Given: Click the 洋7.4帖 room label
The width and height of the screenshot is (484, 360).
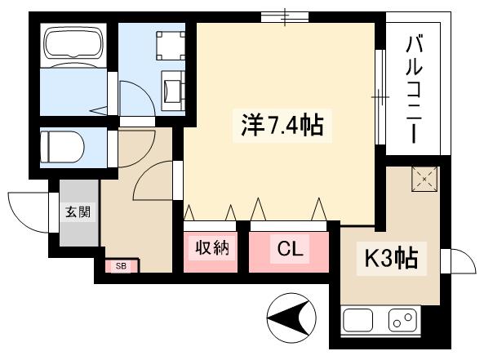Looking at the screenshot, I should click(282, 127).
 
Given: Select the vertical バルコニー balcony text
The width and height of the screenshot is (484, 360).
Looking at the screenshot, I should click(413, 88).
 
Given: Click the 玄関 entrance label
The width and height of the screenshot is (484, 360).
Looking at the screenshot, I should click(78, 214).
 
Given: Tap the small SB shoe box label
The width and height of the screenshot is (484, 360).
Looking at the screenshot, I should click(121, 266).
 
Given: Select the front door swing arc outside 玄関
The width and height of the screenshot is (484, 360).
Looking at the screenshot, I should click(26, 209).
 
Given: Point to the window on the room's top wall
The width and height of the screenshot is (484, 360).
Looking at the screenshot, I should click(286, 16).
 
